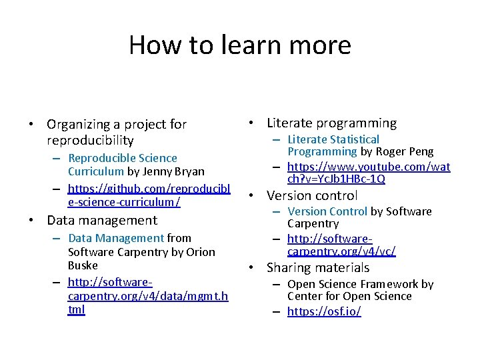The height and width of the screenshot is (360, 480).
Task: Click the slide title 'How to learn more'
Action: (239, 45)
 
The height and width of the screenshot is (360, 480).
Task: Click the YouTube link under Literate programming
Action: (368, 167)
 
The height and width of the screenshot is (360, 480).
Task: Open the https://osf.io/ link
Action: (324, 311)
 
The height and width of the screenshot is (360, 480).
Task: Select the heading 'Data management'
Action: (102, 220)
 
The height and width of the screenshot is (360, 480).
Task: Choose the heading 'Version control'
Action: (312, 195)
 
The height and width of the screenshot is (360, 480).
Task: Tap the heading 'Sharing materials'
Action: (317, 267)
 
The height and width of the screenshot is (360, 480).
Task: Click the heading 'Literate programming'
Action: (331, 123)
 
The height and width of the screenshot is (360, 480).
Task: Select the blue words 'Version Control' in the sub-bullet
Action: (327, 211)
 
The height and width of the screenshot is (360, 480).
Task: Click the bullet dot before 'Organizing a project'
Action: (31, 125)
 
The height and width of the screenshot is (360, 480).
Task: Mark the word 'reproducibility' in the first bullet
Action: (90, 140)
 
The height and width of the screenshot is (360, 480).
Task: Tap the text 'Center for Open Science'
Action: (349, 296)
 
